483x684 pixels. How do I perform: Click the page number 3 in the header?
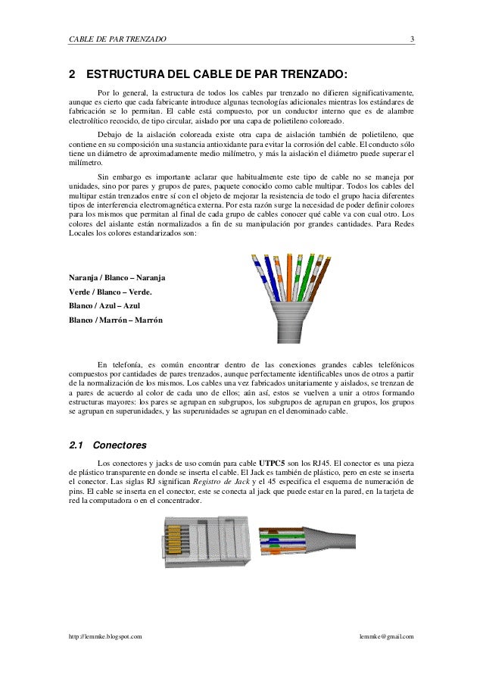[x=411, y=38]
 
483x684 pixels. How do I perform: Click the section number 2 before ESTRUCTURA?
[x=72, y=76]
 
